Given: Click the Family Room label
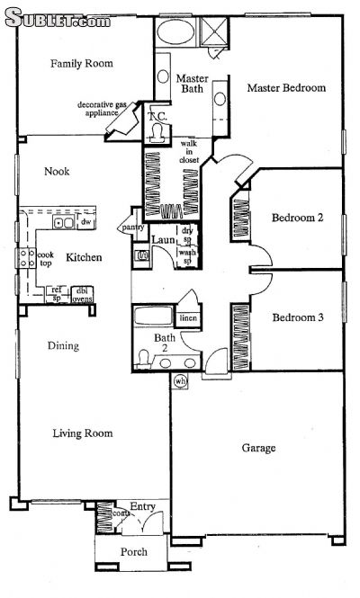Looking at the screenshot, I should pyautogui.click(x=80, y=63).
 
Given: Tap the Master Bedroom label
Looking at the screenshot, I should pyautogui.click(x=286, y=88).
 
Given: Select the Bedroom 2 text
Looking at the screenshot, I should pyautogui.click(x=297, y=217).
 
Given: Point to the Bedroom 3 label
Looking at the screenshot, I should pyautogui.click(x=297, y=317).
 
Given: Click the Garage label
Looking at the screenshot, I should pyautogui.click(x=258, y=447).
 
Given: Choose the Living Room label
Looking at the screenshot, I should pyautogui.click(x=82, y=433).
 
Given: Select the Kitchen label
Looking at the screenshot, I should pyautogui.click(x=84, y=258).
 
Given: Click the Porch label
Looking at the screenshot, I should pyautogui.click(x=133, y=551).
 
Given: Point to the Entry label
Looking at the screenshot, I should pyautogui.click(x=142, y=506).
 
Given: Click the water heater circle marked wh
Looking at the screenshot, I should pyautogui.click(x=179, y=381).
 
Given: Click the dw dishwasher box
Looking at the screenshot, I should pyautogui.click(x=86, y=221).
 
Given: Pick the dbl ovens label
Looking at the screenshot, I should pyautogui.click(x=82, y=294).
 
